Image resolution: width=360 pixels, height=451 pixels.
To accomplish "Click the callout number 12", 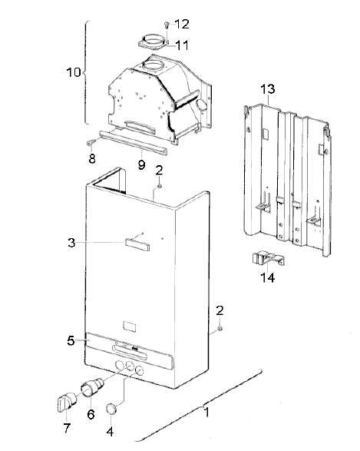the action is point(182,24).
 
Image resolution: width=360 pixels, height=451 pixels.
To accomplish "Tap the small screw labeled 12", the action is point(167,25).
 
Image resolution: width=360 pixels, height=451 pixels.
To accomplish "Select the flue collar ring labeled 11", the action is point(152,42).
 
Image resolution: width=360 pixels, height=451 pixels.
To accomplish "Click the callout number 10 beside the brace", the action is point(74,72).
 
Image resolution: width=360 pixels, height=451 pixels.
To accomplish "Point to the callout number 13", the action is point(267,89).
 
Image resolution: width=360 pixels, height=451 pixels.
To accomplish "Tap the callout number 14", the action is point(267,277).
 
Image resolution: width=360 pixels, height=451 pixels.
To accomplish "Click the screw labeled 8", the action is point(91,142).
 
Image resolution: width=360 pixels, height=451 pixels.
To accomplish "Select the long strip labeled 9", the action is point(134,142).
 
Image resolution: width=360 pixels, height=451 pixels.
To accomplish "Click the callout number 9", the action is point(142,165).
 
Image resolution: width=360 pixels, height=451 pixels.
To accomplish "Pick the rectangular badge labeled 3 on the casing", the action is point(137,244).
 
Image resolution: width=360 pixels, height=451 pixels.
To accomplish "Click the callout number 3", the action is point(71,243).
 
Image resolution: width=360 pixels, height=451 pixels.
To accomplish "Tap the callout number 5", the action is point(71,340).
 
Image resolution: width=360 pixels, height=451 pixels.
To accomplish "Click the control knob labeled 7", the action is point(67,400).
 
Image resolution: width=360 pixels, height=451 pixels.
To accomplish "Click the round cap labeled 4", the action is point(112,409).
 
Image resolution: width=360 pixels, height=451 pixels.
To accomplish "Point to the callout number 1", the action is point(206,413).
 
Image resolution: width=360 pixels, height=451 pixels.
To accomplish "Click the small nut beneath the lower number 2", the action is point(220,329).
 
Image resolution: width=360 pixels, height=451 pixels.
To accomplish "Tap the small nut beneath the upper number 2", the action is point(160,186).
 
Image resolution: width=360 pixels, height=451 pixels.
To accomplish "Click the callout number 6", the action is point(91,414).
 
